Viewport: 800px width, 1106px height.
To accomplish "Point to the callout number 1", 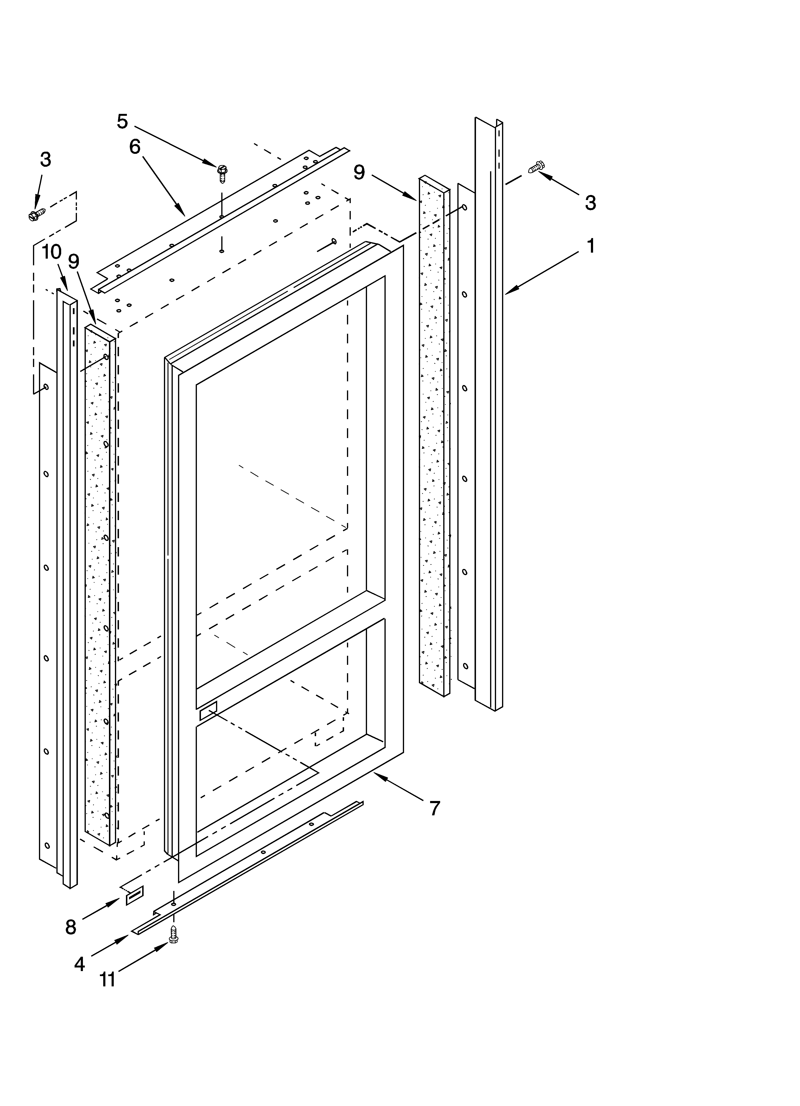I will (x=590, y=246).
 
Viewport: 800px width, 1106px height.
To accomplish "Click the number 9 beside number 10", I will (x=74, y=262).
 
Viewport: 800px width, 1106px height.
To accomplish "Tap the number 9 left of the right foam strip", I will (x=359, y=172).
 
